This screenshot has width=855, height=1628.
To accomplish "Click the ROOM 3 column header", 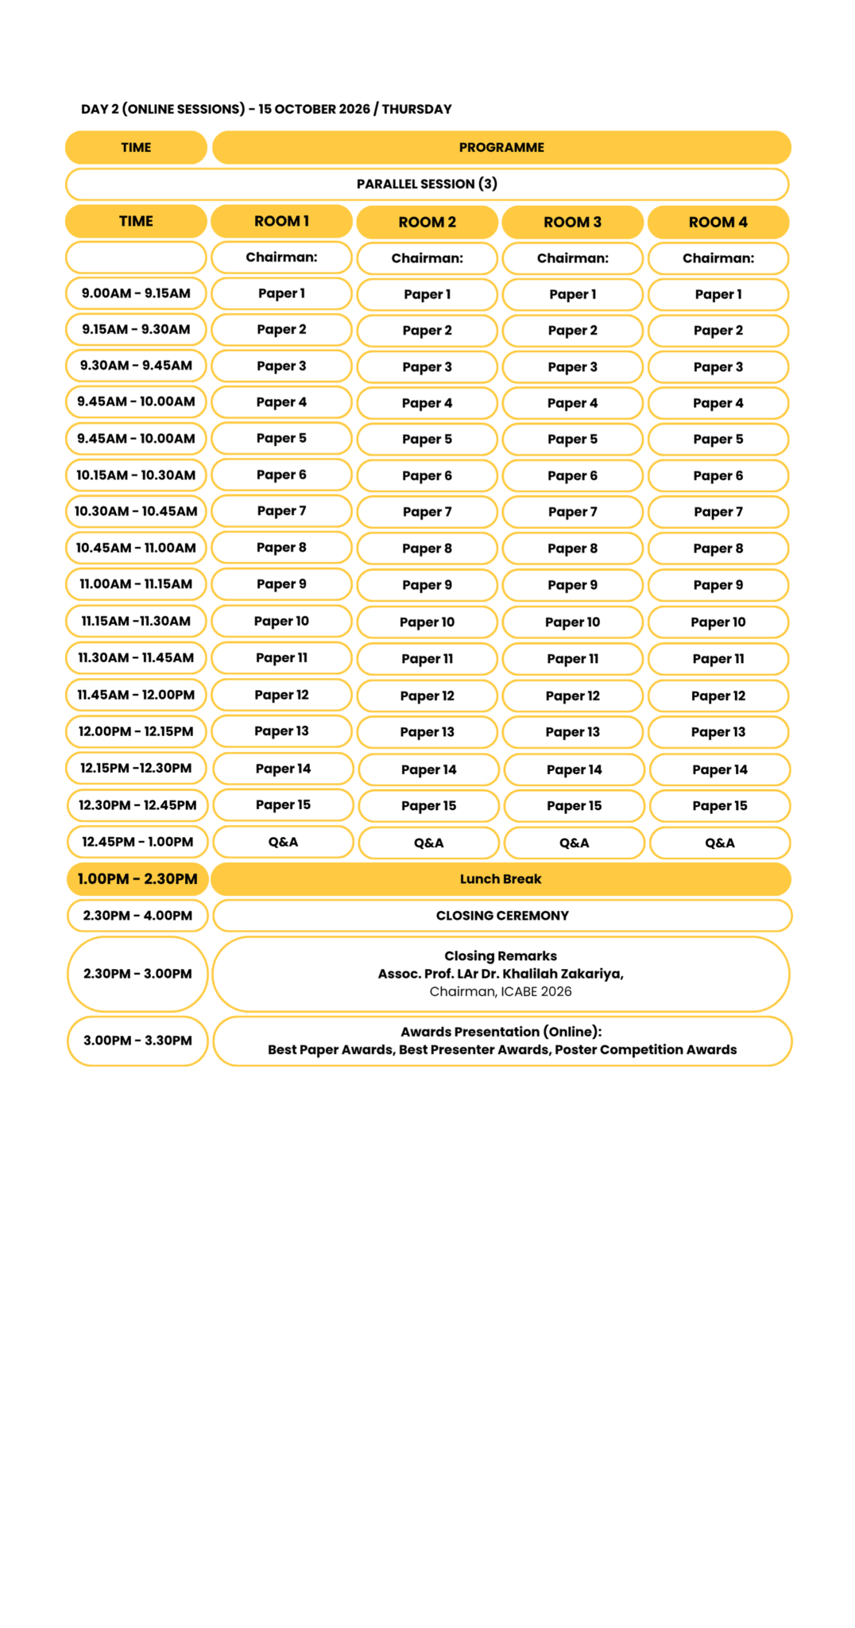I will (x=572, y=223).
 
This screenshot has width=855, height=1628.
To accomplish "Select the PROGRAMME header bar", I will (x=501, y=148).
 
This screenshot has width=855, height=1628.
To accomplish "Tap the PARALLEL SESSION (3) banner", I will (x=427, y=184).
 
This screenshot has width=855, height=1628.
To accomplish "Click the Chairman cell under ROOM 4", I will (x=718, y=258).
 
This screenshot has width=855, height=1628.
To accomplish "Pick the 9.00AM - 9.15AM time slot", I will (x=136, y=293).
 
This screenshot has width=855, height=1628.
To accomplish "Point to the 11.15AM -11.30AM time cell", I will (x=136, y=622).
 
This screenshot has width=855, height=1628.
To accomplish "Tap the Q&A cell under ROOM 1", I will (x=283, y=843).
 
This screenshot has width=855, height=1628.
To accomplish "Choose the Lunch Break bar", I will (x=501, y=879).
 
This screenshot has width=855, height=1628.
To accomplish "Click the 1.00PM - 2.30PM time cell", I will (x=137, y=879).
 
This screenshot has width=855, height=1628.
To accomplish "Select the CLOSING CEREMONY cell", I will (x=502, y=916).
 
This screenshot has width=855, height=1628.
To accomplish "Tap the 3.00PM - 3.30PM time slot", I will (x=137, y=1041).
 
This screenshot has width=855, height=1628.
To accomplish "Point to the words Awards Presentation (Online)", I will (x=501, y=1032).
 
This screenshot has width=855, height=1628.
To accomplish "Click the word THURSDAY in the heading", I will (x=416, y=110).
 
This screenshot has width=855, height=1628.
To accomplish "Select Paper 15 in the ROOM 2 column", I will (x=428, y=806).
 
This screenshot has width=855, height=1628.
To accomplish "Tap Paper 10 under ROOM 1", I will (x=281, y=622).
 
